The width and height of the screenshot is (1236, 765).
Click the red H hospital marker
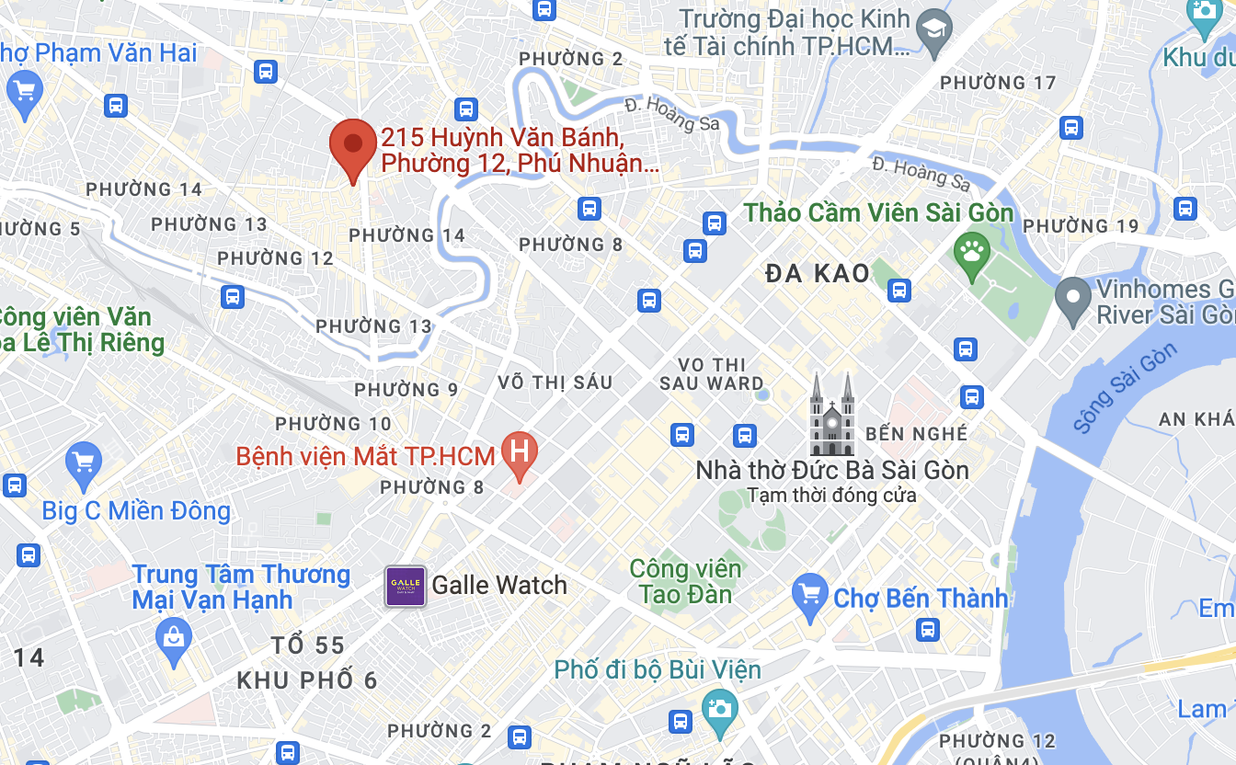point(520,454)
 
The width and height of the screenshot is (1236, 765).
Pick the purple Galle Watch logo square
point(405,586)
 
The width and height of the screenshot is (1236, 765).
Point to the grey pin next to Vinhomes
point(1071,301)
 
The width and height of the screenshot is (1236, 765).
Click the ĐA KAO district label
point(818,273)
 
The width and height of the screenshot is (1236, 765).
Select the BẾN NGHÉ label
point(917,433)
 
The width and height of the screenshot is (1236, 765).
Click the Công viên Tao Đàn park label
point(685,581)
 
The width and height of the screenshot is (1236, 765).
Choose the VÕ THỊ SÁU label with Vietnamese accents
point(555,382)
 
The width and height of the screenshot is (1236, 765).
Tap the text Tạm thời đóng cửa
point(831,496)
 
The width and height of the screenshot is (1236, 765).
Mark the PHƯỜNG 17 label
point(998,83)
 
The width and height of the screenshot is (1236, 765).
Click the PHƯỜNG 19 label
point(1081,226)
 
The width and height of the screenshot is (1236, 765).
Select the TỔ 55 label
point(308,645)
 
